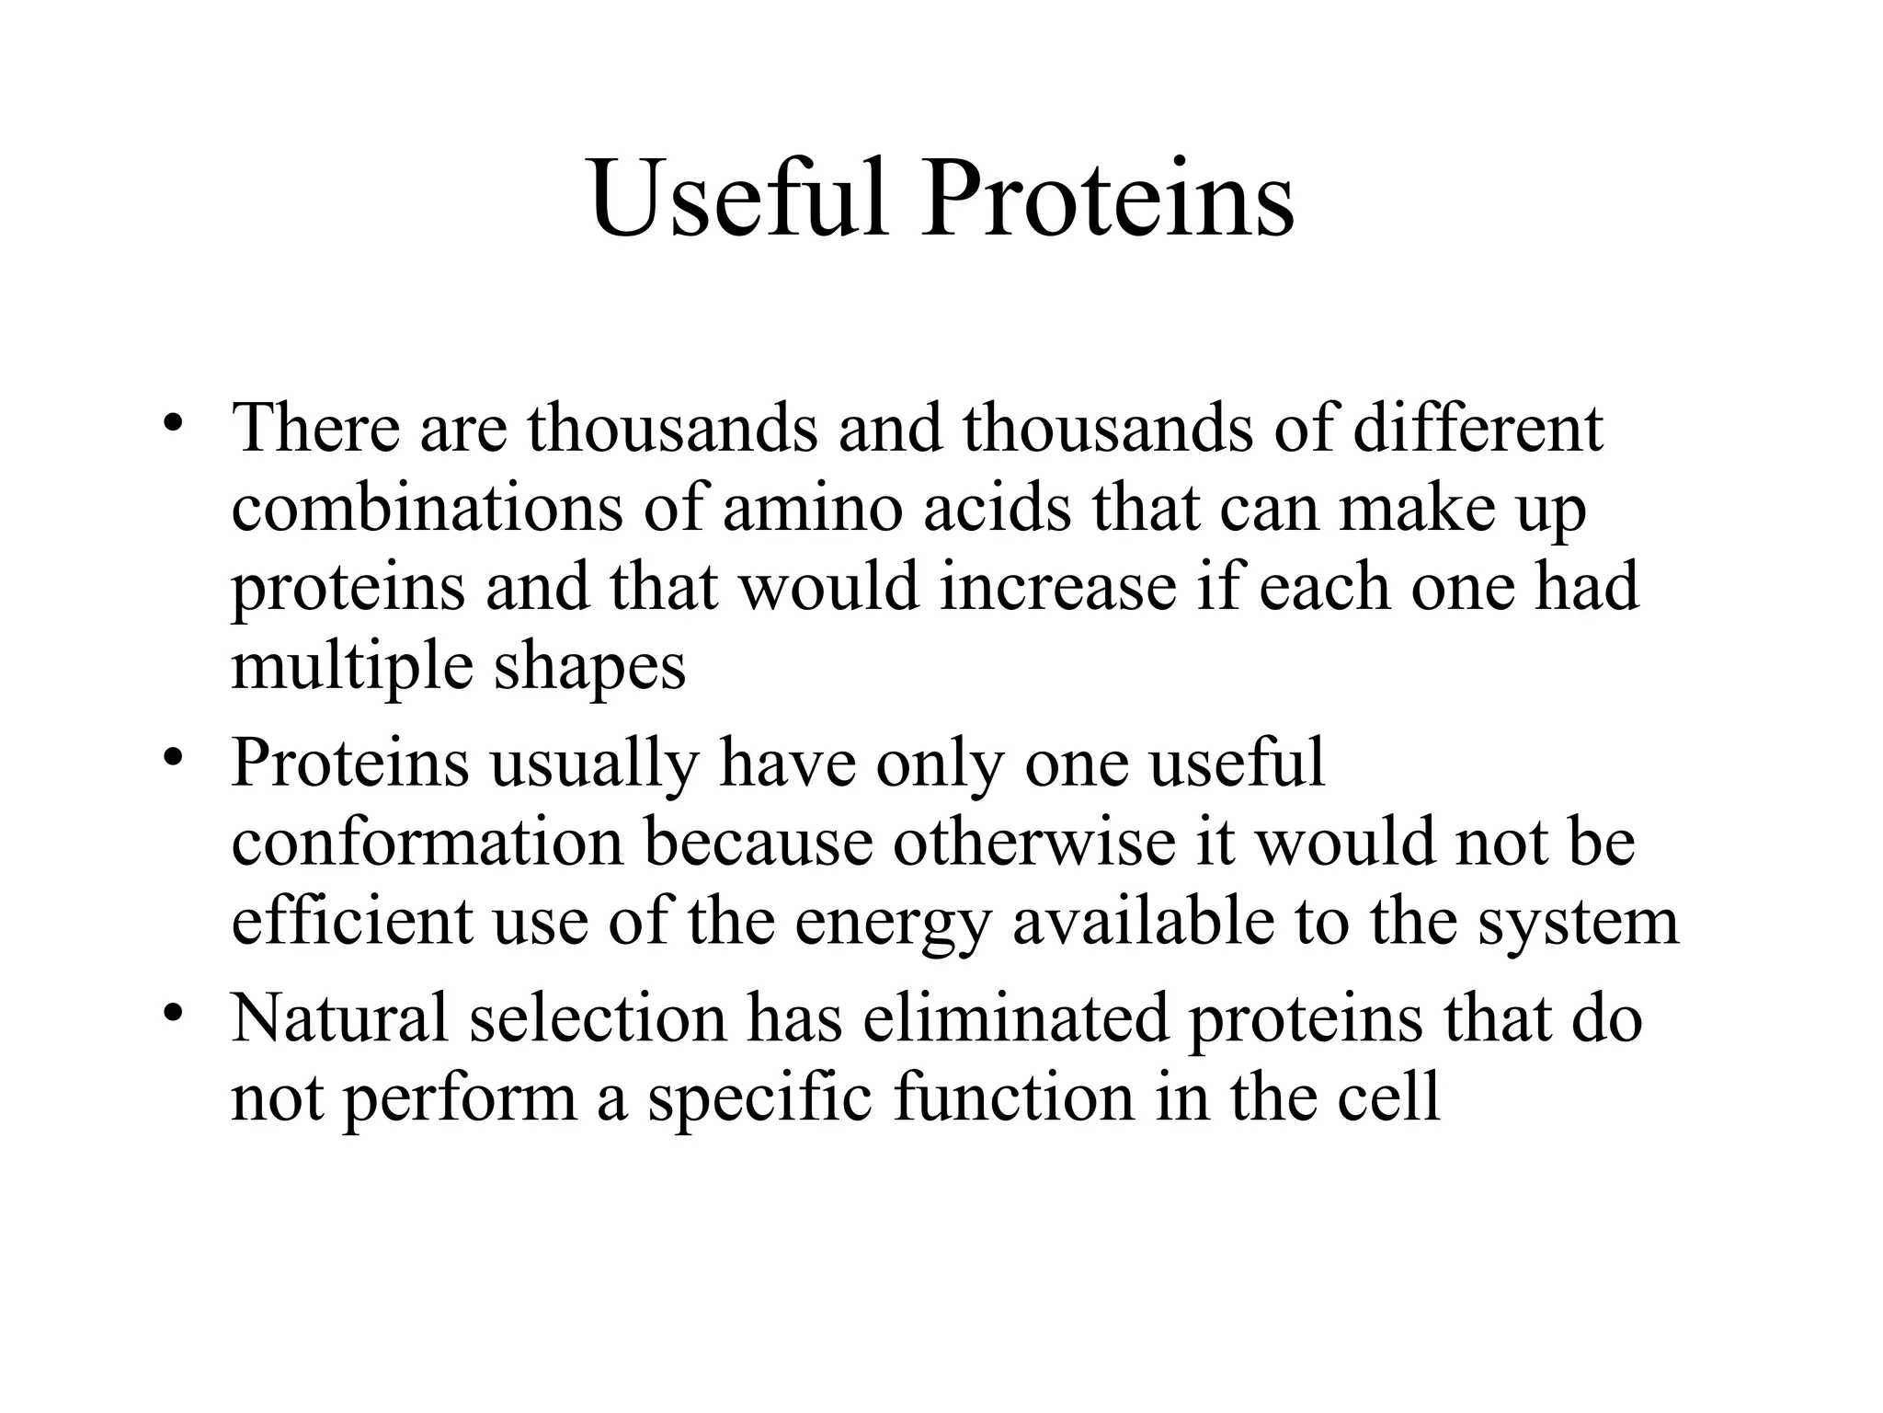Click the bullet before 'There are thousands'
pyautogui.click(x=172, y=424)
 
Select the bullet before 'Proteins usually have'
pyautogui.click(x=172, y=758)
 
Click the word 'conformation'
pyautogui.click(x=427, y=843)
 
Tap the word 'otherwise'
pyautogui.click(x=1033, y=843)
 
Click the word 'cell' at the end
pyautogui.click(x=1387, y=1098)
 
